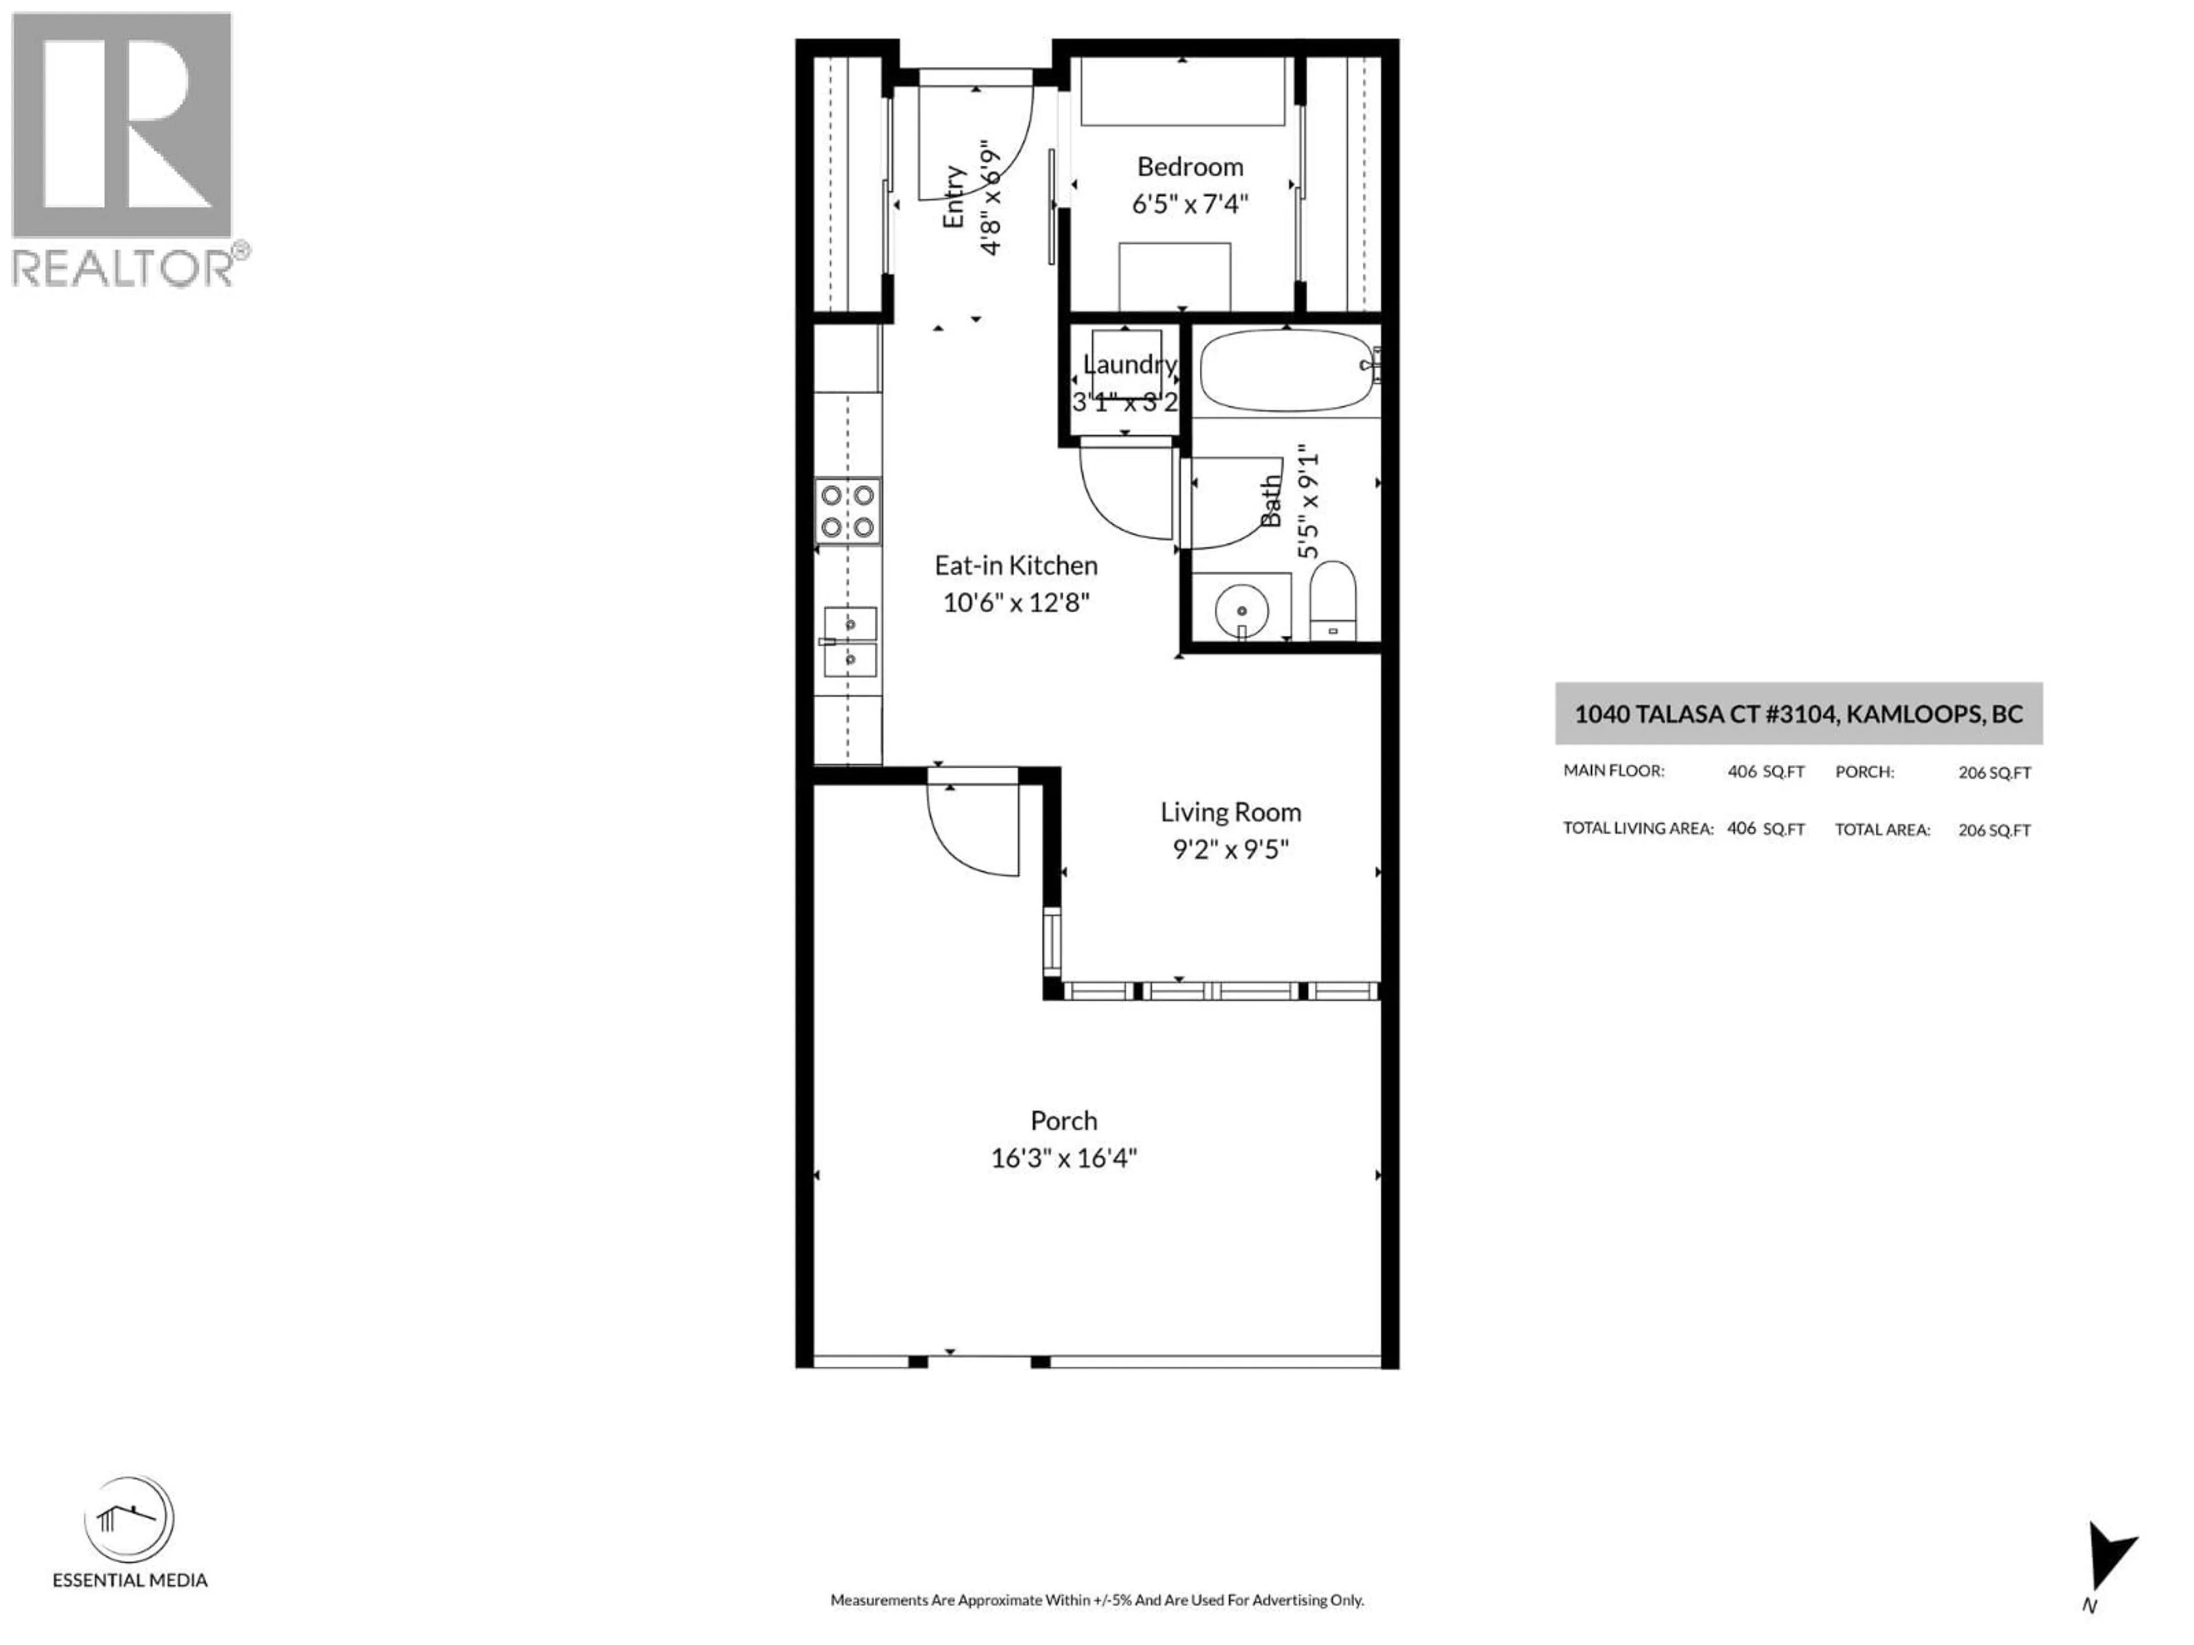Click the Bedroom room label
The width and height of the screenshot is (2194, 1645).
[x=1189, y=167]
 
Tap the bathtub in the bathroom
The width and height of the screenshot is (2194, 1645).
[x=1287, y=371]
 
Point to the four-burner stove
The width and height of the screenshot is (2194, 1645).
[x=848, y=511]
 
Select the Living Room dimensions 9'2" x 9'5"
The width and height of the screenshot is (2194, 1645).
[x=1230, y=850]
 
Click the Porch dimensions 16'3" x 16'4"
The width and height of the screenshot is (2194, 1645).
[x=1063, y=1158]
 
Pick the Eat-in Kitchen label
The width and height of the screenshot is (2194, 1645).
[x=1016, y=565]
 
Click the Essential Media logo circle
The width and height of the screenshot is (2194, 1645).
[x=129, y=1520]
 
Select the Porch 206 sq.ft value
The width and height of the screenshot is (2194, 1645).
[x=1993, y=772]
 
